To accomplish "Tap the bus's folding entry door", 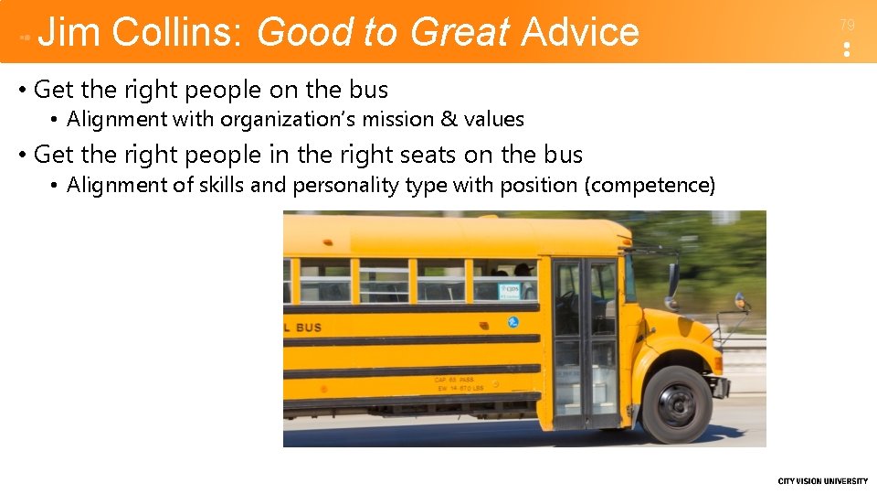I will (x=586, y=343).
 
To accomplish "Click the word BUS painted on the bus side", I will (x=308, y=328).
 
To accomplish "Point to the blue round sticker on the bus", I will (x=512, y=322).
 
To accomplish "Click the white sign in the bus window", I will (x=509, y=291).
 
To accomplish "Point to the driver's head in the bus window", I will (x=523, y=270).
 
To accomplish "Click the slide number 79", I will (x=847, y=26).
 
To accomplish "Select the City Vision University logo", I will (x=822, y=481).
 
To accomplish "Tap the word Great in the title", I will (x=460, y=32).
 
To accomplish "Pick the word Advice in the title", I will (x=580, y=32).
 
